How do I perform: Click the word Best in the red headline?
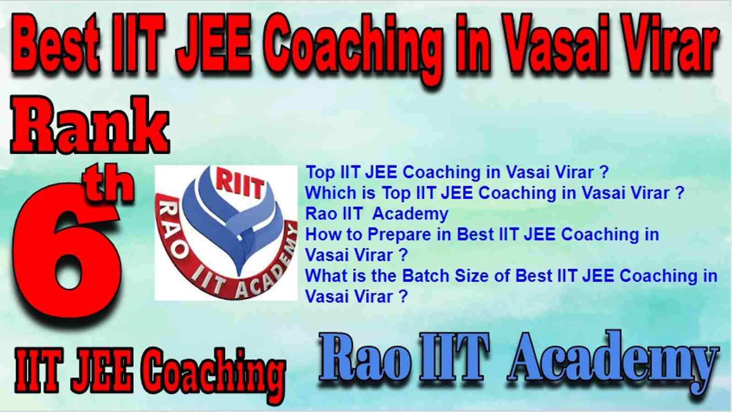pos(56,43)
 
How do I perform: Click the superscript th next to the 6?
pos(108,185)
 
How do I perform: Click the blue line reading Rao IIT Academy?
pos(377,214)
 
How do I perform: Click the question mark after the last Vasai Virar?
pos(403,297)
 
